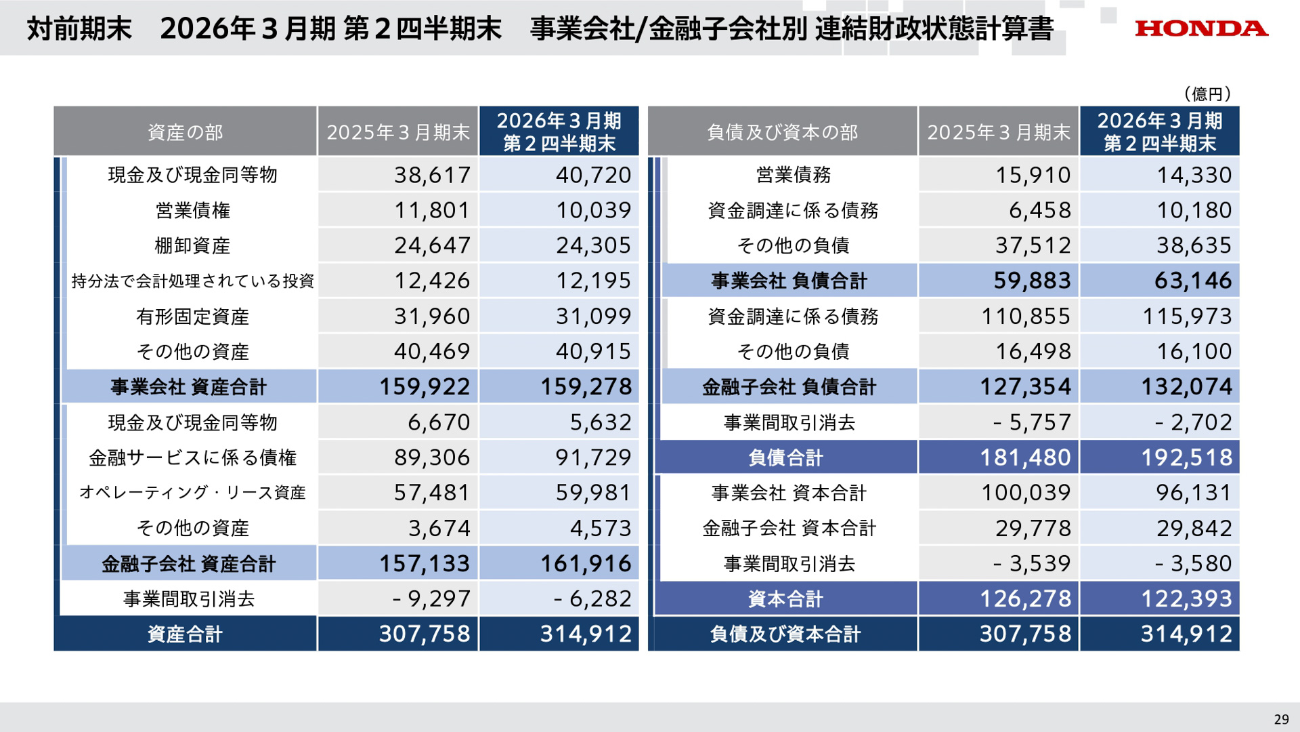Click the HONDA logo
1201,28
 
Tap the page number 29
1281,719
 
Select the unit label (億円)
1207,94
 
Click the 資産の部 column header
185,132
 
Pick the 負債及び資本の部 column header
782,132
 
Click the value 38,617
432,175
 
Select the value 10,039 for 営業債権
593,210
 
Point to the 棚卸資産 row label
192,245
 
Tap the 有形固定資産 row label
192,317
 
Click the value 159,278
586,387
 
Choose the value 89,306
432,457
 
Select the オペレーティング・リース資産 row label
192,493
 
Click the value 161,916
586,564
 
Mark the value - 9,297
431,599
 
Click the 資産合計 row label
185,634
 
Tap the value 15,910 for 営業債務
1033,175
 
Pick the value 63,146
1193,281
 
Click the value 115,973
1187,317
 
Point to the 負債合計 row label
785,457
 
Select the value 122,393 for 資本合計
1186,599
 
